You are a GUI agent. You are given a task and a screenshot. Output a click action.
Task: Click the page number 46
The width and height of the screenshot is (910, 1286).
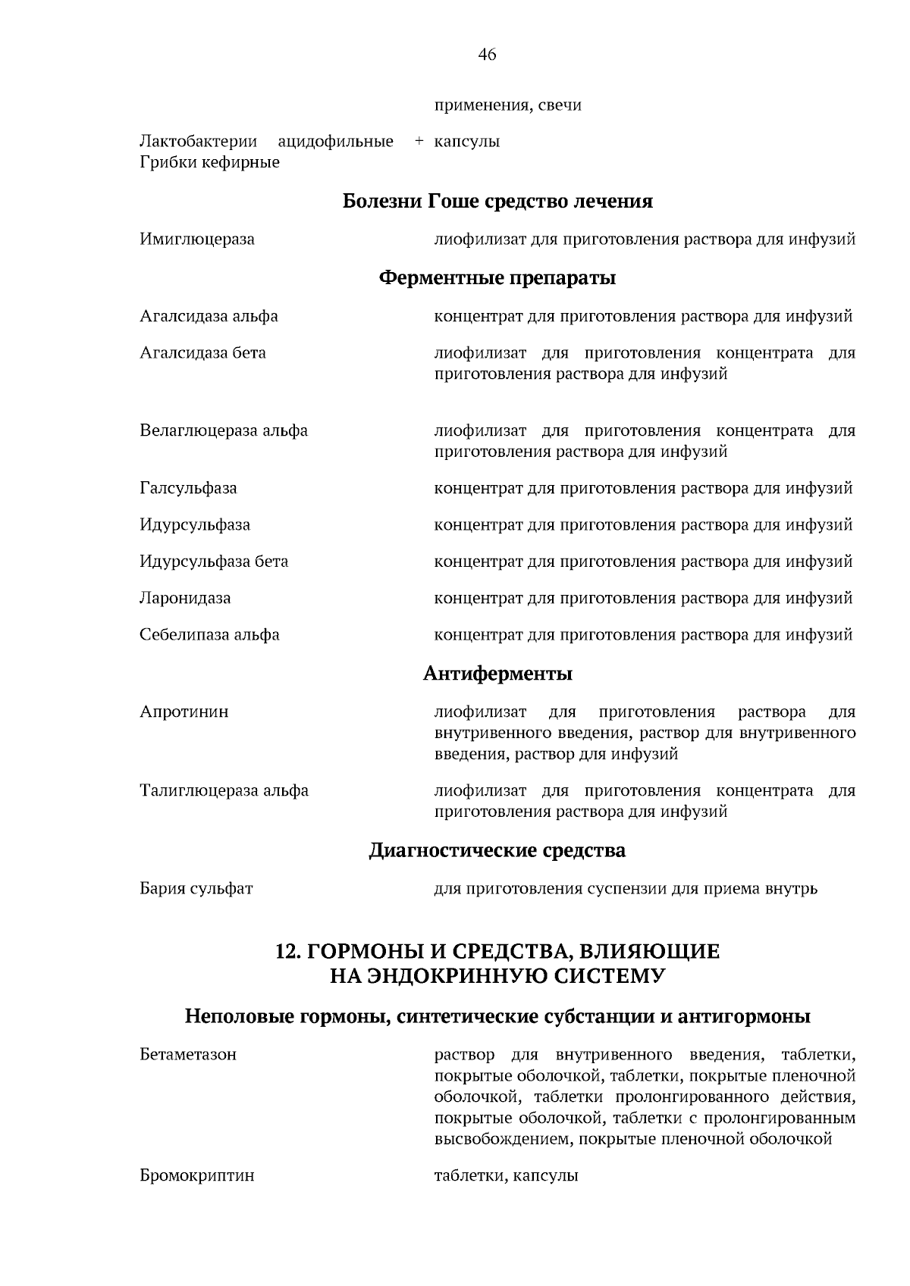[487, 55]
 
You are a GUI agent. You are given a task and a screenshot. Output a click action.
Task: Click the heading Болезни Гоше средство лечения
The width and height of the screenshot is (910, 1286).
[497, 202]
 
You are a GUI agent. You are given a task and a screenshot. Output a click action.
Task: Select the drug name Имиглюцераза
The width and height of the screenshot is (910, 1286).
[197, 239]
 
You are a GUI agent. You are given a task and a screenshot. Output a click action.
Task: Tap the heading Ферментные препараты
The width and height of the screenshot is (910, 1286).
[497, 278]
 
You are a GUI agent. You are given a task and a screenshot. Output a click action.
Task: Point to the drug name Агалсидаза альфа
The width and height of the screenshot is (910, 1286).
[209, 316]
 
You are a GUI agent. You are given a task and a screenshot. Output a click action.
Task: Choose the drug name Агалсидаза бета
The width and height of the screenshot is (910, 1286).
[202, 353]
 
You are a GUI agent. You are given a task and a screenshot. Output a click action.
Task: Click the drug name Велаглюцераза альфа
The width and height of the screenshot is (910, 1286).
[224, 431]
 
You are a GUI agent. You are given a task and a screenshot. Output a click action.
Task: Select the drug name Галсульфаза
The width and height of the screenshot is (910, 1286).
[188, 488]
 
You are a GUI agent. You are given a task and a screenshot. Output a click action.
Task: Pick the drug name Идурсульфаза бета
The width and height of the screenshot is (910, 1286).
[214, 562]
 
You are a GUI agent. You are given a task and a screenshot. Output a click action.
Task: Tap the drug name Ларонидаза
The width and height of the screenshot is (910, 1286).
[185, 598]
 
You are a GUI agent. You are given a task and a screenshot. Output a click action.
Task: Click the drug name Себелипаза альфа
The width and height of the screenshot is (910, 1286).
[209, 635]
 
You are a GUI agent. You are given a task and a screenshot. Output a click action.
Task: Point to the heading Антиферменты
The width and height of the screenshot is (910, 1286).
[497, 674]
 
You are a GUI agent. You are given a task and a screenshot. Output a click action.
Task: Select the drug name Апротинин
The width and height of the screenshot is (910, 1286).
[184, 712]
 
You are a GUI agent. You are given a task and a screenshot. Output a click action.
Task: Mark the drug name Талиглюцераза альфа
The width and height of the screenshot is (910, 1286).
[224, 791]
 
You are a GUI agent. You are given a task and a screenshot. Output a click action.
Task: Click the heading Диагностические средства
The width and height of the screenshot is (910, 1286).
[497, 851]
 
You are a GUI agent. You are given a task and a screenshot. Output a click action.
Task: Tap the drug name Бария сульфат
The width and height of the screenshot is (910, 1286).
[196, 889]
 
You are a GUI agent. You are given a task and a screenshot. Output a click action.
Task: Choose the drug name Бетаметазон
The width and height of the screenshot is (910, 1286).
[188, 1055]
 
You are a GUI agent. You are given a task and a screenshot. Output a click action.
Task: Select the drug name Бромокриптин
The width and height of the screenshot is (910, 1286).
[197, 1176]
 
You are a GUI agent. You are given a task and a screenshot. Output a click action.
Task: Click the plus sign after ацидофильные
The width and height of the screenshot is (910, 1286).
[418, 142]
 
